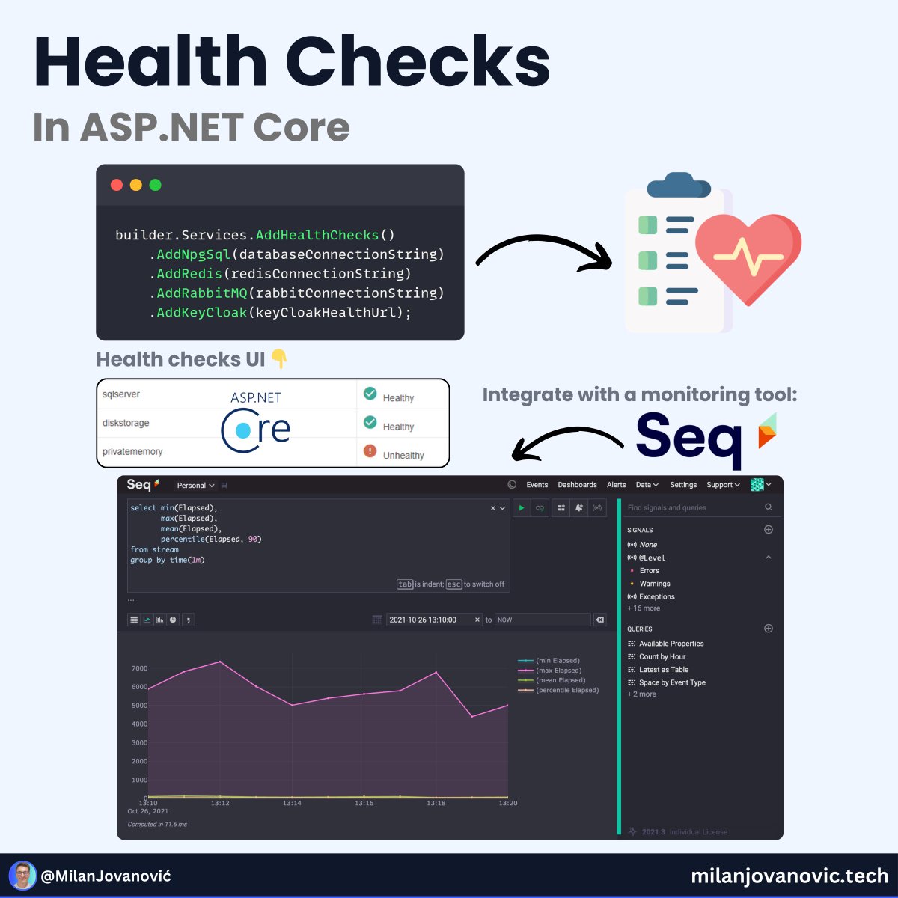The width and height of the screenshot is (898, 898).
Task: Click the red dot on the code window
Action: tap(117, 185)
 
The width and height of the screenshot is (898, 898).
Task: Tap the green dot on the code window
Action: tap(156, 185)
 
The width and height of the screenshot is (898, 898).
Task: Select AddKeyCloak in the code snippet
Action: tap(201, 313)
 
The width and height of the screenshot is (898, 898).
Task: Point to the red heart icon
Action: tap(748, 255)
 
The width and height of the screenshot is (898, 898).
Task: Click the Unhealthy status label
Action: tap(403, 455)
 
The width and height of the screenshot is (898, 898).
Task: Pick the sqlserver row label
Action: tap(121, 394)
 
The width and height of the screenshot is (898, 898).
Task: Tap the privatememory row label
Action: tap(132, 452)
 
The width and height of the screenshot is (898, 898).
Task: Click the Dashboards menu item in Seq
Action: tap(577, 485)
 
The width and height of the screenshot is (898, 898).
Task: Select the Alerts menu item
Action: tap(616, 485)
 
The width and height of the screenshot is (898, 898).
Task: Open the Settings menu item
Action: tap(682, 485)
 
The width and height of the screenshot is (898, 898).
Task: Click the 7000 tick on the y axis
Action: tap(139, 668)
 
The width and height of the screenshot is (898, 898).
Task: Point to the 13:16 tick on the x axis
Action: tap(364, 803)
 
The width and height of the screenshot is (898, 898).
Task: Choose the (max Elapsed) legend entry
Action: tap(558, 671)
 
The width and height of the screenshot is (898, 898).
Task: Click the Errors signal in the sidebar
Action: tap(649, 571)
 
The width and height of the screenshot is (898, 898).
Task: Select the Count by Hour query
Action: tap(662, 657)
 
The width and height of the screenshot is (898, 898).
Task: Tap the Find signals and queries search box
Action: tap(692, 507)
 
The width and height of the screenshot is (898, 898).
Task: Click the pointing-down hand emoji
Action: tap(279, 359)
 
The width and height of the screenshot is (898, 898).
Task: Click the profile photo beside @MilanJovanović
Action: tap(23, 875)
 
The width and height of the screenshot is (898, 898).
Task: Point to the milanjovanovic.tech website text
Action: tap(789, 876)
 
